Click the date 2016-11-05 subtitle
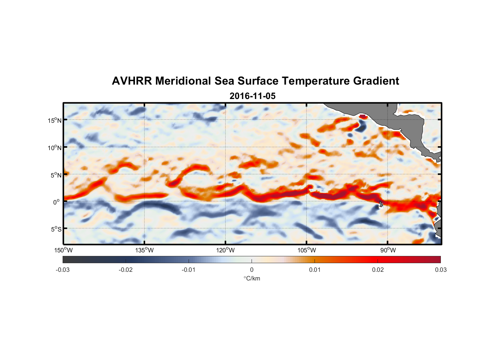pyautogui.click(x=252, y=96)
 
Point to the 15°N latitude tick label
pyautogui.click(x=55, y=120)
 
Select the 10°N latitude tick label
pyautogui.click(x=55, y=148)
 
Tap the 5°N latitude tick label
pyautogui.click(x=56, y=175)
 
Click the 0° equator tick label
pyautogui.click(x=57, y=202)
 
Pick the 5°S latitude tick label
pyautogui.click(x=56, y=229)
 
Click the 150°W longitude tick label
pyautogui.click(x=63, y=250)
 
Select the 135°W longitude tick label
pyautogui.click(x=145, y=250)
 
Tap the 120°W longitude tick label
pyautogui.click(x=226, y=250)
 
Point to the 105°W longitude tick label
pyautogui.click(x=307, y=250)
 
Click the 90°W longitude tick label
pyautogui.click(x=388, y=250)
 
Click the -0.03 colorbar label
pyautogui.click(x=63, y=270)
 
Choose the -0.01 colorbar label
pyautogui.click(x=189, y=270)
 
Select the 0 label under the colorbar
pyautogui.click(x=252, y=270)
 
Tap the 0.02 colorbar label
pyautogui.click(x=378, y=270)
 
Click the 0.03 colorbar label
pyautogui.click(x=440, y=270)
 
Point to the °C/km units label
pyautogui.click(x=252, y=279)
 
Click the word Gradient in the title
pyautogui.click(x=376, y=81)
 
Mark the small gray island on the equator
pyautogui.click(x=381, y=204)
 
